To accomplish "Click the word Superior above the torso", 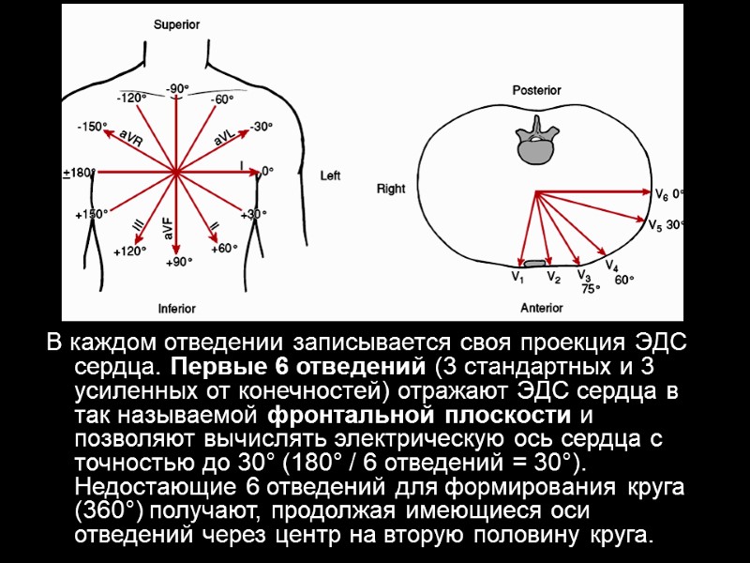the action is tap(176, 25).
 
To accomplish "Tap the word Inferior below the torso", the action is tap(176, 308).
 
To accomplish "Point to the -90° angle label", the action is tap(177, 88).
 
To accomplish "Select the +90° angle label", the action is tap(178, 262).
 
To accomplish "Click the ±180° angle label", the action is tap(79, 173).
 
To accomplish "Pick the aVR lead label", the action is tap(130, 137).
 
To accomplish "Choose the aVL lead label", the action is tap(226, 137).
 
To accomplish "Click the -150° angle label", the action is tap(92, 126).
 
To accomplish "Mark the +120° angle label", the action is tap(129, 251).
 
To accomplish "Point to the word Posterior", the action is tap(536, 91).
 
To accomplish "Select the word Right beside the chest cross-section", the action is tap(391, 189).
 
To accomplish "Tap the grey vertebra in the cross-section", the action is tap(535, 138).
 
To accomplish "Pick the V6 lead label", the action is tap(662, 194).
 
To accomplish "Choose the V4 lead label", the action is tap(611, 267).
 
